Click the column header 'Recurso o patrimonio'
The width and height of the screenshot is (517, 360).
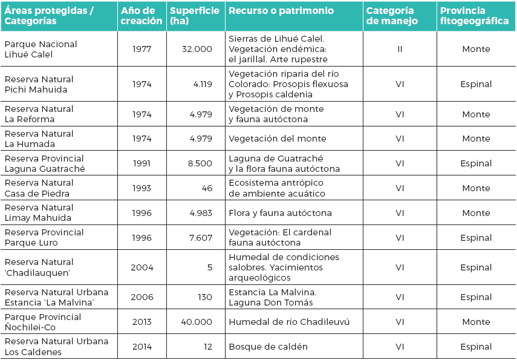(273, 11)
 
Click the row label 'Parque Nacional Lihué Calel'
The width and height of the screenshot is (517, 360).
(41, 49)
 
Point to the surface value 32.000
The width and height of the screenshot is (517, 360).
(197, 49)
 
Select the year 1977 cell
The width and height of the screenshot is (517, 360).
(142, 49)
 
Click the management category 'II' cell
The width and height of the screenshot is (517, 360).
(400, 49)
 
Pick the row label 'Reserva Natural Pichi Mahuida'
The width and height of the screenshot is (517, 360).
(39, 84)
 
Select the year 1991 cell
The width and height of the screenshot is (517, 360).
(142, 163)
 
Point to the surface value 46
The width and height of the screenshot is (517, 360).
(207, 188)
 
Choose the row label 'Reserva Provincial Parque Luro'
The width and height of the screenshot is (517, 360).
(44, 237)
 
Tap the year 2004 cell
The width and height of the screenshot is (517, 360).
(142, 267)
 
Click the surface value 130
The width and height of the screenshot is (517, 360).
(205, 297)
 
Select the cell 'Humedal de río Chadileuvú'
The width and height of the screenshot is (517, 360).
(289, 322)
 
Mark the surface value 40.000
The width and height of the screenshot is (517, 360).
(197, 322)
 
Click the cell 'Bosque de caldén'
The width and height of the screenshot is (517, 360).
(268, 347)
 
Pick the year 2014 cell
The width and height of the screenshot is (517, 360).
(142, 347)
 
